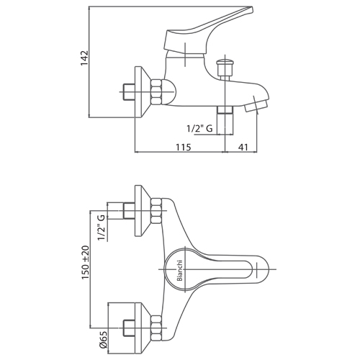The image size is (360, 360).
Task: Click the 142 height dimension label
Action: point(84,58)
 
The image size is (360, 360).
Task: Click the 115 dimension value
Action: point(184,147)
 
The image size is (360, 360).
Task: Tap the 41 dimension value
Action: point(243,147)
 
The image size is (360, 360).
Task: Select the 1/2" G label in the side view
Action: point(199,129)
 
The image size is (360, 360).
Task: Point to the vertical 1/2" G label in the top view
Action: point(101,228)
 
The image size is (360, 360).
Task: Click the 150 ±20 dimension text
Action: point(85,262)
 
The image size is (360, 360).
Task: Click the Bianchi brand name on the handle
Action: point(180,271)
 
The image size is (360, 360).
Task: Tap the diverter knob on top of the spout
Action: point(225,68)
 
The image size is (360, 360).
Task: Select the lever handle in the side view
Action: point(208,30)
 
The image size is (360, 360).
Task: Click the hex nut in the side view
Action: point(156,92)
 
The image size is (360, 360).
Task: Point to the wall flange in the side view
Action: point(143,92)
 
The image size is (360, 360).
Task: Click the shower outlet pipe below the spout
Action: point(225,120)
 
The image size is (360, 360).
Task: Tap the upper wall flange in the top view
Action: point(143,211)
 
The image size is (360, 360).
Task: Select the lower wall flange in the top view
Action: point(143,328)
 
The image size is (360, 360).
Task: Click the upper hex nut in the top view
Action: point(156,211)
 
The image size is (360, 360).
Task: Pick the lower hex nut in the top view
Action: point(156,328)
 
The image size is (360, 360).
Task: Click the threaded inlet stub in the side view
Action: point(129,92)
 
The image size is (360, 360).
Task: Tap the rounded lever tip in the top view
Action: point(261,269)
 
